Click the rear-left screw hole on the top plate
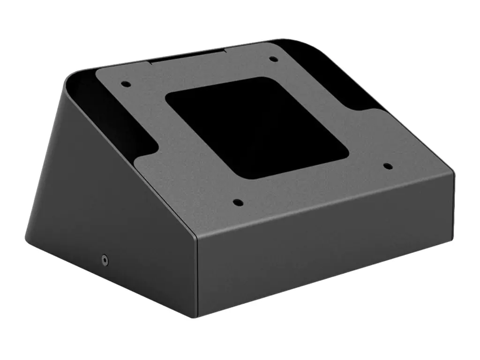125,84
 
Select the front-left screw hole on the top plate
238,203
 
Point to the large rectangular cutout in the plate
257,127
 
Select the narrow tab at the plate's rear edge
187,58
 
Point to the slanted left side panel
108,197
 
